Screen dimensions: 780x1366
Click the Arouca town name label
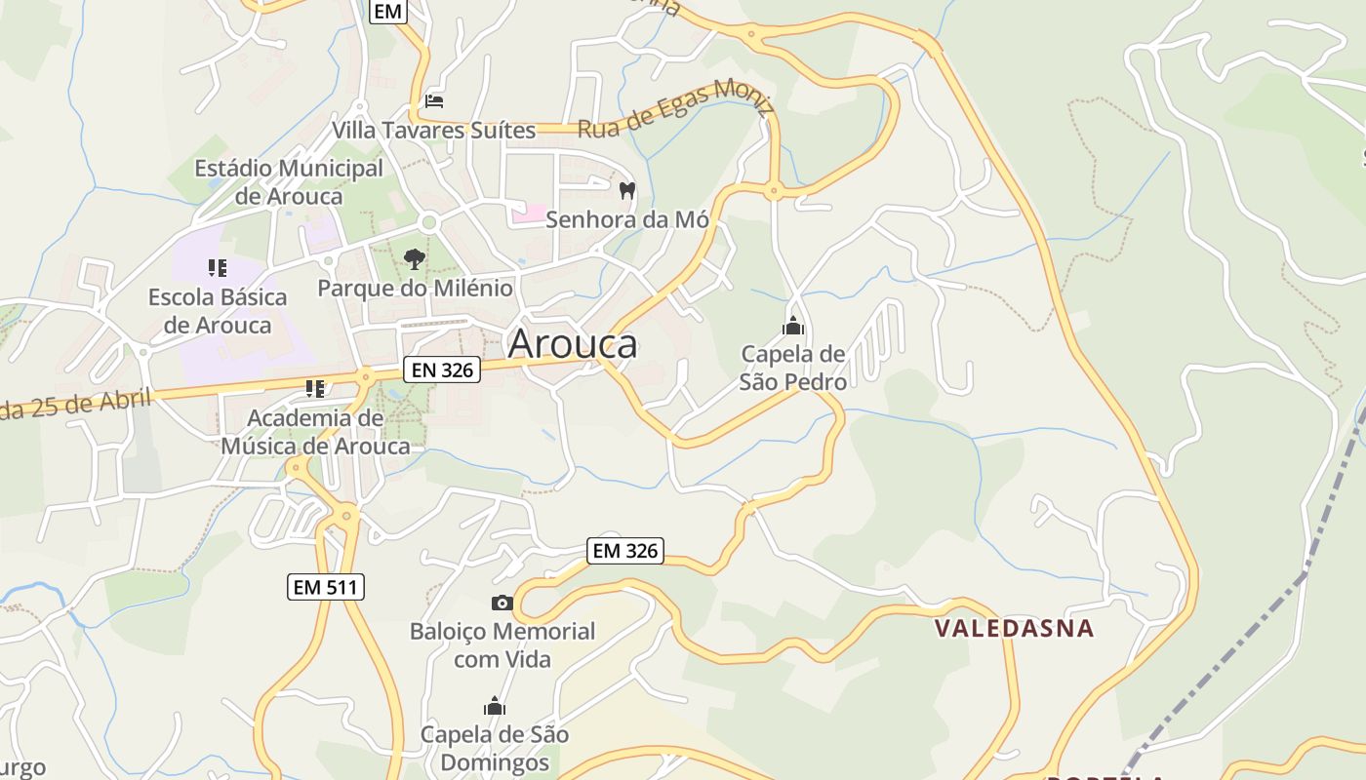click(x=573, y=343)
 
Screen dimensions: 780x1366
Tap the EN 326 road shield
click(x=442, y=370)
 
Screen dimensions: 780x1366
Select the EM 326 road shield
click(x=625, y=551)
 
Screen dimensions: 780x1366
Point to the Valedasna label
click(x=1015, y=628)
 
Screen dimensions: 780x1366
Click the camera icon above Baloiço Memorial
click(x=502, y=604)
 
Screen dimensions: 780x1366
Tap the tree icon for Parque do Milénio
click(x=414, y=259)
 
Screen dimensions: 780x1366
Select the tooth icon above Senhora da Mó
click(x=626, y=190)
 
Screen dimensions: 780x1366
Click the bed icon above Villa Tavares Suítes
click(x=434, y=100)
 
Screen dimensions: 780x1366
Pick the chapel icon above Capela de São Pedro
click(x=792, y=326)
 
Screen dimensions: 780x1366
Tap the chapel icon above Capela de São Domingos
click(x=495, y=706)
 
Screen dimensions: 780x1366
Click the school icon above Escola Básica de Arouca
click(x=218, y=268)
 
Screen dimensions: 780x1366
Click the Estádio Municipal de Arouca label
click(x=289, y=182)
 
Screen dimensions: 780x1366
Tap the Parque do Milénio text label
click(x=415, y=289)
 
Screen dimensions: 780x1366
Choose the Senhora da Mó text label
click(x=626, y=219)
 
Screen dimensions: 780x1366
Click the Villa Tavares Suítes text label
click(x=434, y=130)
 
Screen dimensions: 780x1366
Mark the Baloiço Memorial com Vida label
click(x=502, y=645)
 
